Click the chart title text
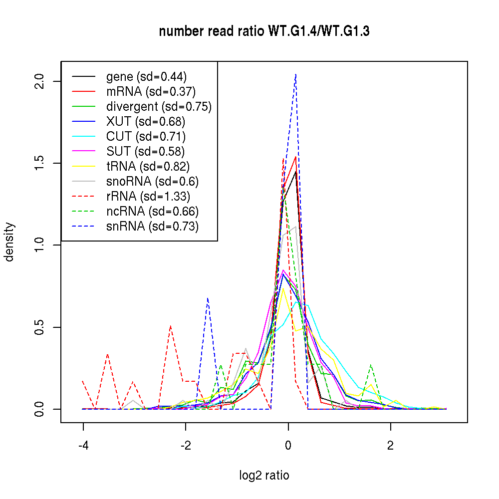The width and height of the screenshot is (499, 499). point(264,31)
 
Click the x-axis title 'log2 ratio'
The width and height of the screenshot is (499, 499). point(264,475)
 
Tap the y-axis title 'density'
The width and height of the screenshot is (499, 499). point(9,242)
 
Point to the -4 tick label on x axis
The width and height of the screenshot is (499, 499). point(83,445)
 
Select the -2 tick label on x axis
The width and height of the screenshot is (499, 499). point(186,445)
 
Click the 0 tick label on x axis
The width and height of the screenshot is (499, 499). point(288,445)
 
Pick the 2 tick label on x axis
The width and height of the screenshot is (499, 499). point(391,445)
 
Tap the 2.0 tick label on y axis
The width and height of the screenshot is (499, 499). point(40,81)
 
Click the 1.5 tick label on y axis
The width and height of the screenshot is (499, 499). point(40,163)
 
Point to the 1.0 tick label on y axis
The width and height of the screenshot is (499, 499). point(40,245)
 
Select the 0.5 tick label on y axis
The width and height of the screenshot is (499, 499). point(40,327)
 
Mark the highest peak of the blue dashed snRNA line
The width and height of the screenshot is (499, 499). point(296,74)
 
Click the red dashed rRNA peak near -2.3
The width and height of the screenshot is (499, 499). point(171,326)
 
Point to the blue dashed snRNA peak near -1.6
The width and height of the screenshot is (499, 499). point(208,298)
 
